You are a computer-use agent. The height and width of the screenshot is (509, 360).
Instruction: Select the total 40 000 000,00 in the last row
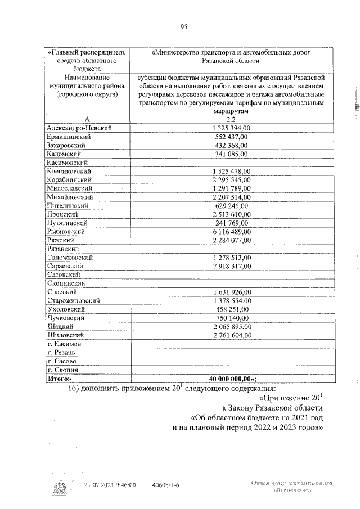point(232,378)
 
